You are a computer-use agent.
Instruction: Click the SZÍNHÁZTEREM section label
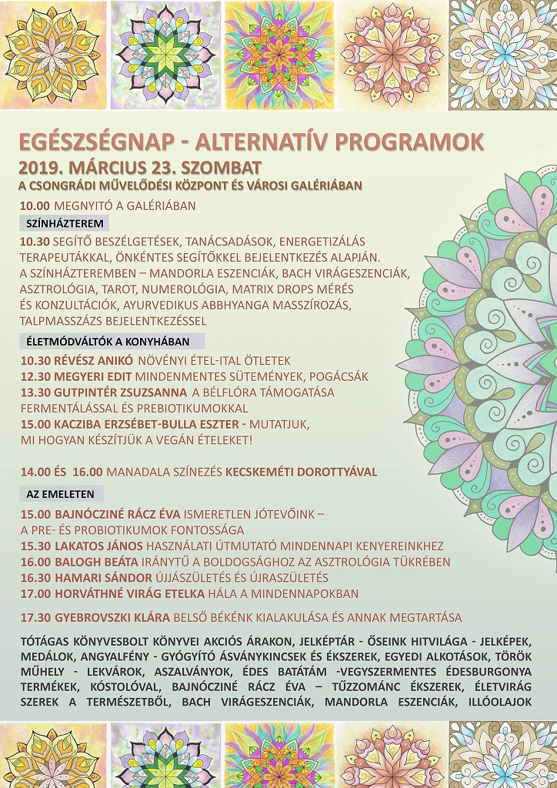tap(65, 224)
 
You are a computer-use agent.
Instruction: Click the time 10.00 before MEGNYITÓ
tap(35, 205)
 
